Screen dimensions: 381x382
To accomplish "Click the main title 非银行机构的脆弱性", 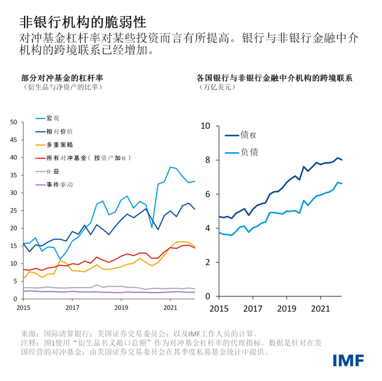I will click(83, 21).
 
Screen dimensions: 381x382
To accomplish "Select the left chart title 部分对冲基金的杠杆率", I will click(62, 78).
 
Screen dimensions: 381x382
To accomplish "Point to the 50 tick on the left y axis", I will click(13, 122).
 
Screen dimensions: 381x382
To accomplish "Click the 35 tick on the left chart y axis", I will click(13, 175).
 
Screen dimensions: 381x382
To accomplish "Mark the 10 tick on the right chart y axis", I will click(205, 126).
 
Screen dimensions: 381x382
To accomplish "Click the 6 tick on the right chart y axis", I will click(206, 194).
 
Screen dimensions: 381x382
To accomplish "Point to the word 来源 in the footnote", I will click(29, 333).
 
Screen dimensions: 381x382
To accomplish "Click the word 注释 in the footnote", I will click(29, 343).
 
